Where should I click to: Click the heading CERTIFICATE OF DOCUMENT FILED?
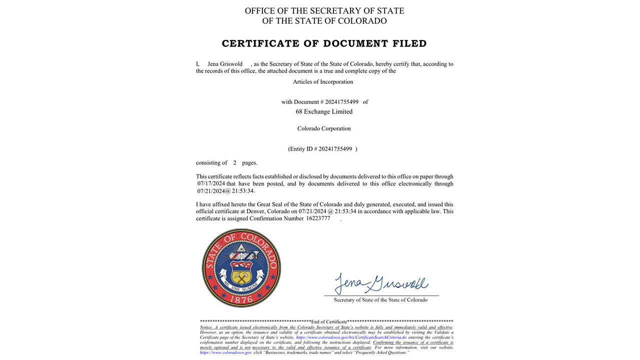tap(324, 43)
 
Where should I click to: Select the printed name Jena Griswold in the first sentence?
tap(225, 64)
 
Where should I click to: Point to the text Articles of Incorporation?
tap(323, 81)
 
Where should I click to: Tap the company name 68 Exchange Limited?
tap(324, 111)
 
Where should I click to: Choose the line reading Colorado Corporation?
tap(324, 128)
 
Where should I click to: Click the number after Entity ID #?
tap(335, 149)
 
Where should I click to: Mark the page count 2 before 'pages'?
tap(234, 163)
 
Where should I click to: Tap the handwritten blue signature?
tap(380, 284)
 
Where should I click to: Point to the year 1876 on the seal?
tap(241, 298)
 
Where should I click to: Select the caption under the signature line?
tap(380, 300)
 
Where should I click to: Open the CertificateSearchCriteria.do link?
tap(351, 337)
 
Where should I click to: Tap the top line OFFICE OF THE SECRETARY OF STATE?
tap(324, 11)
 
